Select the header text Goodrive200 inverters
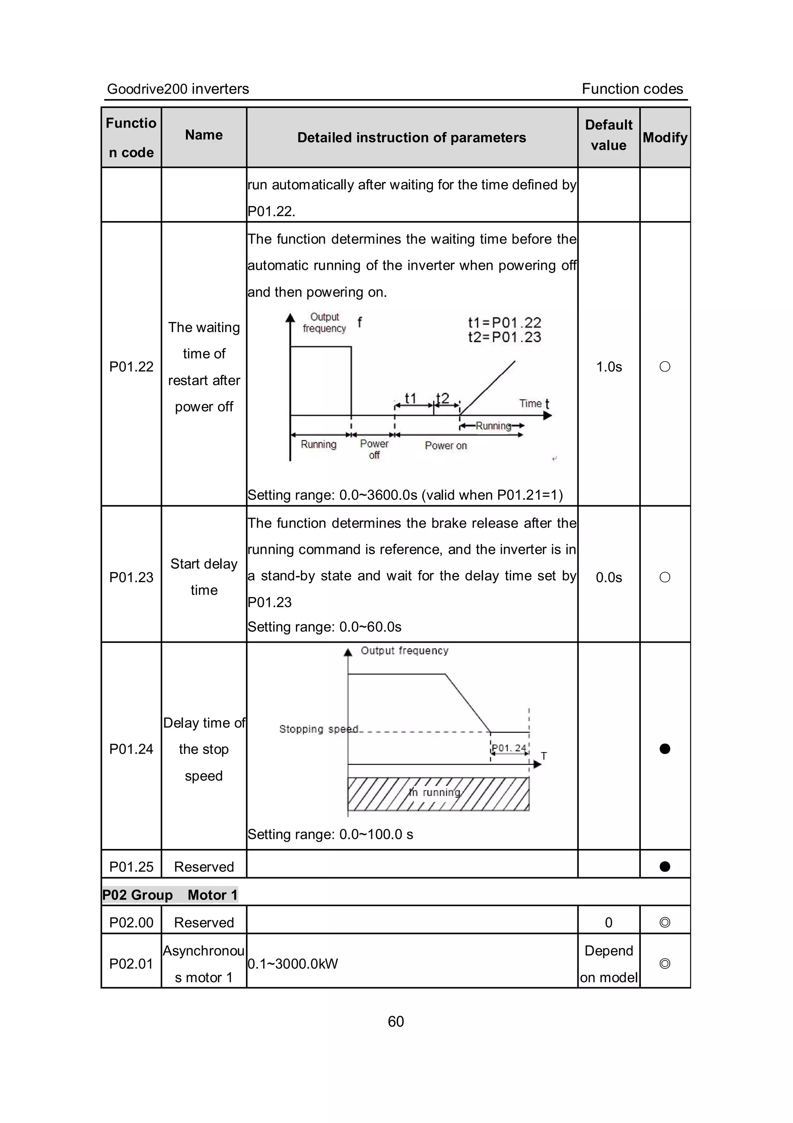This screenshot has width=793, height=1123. tap(178, 89)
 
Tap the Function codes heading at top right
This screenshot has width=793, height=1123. tap(632, 89)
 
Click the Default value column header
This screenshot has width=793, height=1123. tap(609, 135)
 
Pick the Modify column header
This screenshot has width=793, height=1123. tap(665, 137)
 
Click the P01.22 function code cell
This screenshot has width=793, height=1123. tap(131, 366)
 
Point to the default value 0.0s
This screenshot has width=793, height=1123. tap(609, 577)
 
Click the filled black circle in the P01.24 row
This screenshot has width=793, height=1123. tap(664, 749)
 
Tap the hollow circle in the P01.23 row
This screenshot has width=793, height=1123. tap(664, 577)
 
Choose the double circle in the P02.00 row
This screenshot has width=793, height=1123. tap(664, 922)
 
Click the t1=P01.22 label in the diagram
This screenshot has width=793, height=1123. tap(505, 323)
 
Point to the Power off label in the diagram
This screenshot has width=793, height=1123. tap(374, 449)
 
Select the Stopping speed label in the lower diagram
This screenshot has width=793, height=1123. tap(318, 729)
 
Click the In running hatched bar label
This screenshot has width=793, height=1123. tap(435, 792)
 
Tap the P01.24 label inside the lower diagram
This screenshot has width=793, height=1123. tap(509, 748)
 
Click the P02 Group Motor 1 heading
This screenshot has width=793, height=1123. tap(170, 895)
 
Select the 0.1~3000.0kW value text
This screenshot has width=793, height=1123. tap(293, 964)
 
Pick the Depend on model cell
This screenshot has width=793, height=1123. tap(609, 964)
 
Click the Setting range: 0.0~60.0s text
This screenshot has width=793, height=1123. tap(324, 627)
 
